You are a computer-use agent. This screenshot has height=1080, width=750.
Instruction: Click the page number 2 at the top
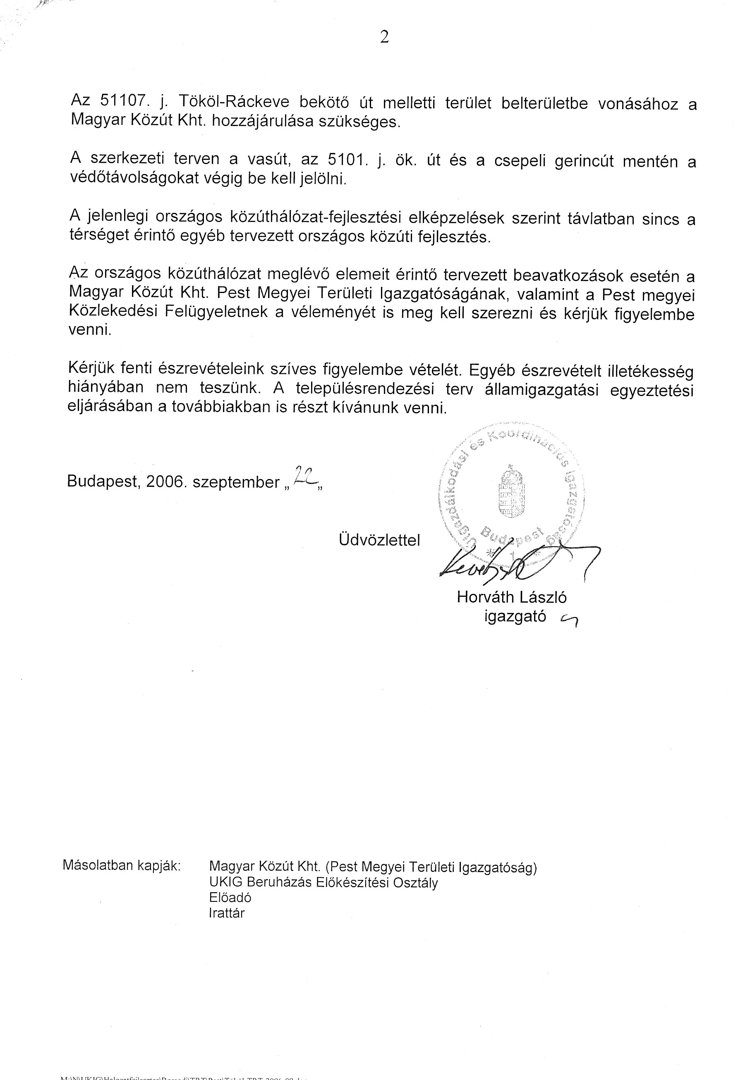[x=384, y=37]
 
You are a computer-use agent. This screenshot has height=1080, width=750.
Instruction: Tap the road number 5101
[x=346, y=160]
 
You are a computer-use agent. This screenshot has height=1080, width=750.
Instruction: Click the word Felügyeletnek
[x=217, y=312]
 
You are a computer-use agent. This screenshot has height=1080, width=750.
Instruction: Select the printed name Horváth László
[x=512, y=597]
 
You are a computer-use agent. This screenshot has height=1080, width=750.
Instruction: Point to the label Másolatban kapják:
[x=122, y=865]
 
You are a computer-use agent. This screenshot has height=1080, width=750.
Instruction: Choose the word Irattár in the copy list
[x=227, y=913]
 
